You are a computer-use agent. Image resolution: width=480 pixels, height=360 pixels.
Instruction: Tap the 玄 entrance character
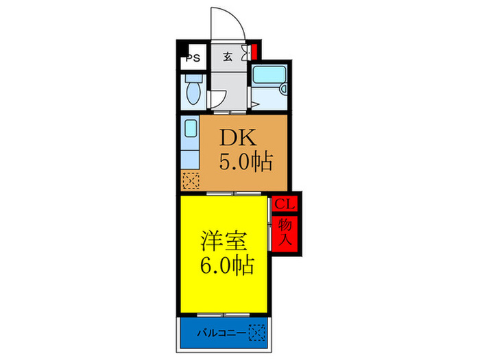pyautogui.click(x=226, y=58)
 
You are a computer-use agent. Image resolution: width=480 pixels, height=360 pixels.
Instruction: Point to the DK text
pyautogui.click(x=236, y=138)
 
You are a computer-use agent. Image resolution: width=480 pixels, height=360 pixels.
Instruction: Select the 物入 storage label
pyautogui.click(x=285, y=232)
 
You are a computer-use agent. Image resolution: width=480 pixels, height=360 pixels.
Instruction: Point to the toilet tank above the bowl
pyautogui.click(x=193, y=79)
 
